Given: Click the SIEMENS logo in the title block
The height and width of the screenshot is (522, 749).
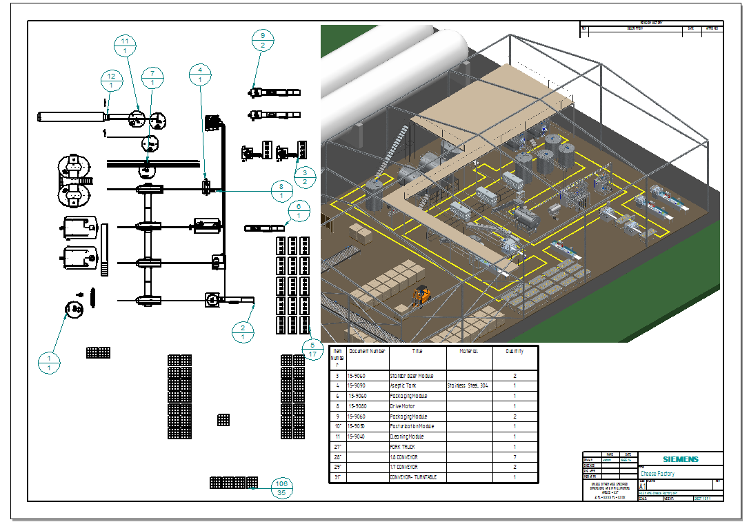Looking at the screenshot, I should coord(680,459).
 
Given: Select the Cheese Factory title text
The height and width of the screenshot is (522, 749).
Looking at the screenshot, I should coord(658,474).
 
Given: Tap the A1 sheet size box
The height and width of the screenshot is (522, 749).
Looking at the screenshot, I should coord(643,485).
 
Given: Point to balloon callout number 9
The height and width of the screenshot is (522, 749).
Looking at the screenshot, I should coord(263,40).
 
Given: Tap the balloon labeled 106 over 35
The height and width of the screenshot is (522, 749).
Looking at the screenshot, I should coord(281,488).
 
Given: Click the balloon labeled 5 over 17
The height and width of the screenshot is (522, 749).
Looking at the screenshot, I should coord(312,350).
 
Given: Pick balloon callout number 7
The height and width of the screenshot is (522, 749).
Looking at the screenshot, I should coord(152,77).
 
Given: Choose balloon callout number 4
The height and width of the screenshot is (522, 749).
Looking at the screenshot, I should coord(200,74).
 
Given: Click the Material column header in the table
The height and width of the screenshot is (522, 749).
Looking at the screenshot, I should coord(469,351).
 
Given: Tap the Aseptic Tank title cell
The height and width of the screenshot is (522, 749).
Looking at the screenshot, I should coord(404,386).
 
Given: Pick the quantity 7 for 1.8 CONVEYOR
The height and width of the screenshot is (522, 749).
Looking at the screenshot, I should coord(515,457).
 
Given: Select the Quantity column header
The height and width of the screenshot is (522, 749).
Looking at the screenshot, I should coord(514,351).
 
